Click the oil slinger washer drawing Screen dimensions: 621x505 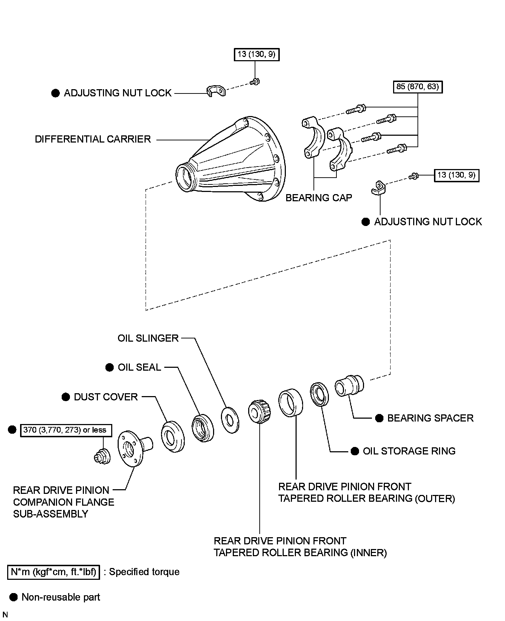(230, 420)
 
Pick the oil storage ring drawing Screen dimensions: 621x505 (319, 395)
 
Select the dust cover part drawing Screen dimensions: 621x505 (173, 436)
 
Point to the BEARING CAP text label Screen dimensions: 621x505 (318, 198)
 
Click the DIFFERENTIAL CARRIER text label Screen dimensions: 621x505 (93, 139)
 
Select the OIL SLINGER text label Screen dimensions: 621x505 (148, 338)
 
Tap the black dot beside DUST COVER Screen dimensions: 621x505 (66, 397)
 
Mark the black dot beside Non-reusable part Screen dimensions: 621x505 (14, 597)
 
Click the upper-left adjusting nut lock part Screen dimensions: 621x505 (216, 91)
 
